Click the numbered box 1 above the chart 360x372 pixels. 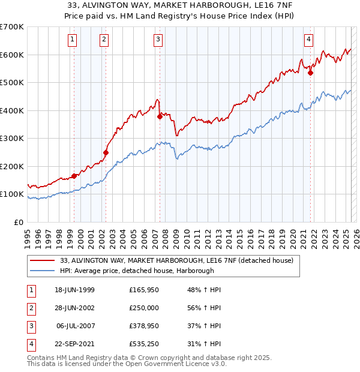72,40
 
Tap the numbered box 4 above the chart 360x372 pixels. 309,40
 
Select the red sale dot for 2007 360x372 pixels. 160,117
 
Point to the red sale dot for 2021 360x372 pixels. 311,73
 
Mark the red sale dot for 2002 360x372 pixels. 106,152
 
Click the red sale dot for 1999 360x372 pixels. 74,176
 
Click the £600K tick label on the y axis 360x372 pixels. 11,55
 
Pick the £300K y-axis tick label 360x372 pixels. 11,138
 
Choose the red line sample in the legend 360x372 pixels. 42,261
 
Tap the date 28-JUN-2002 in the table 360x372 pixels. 74,308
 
